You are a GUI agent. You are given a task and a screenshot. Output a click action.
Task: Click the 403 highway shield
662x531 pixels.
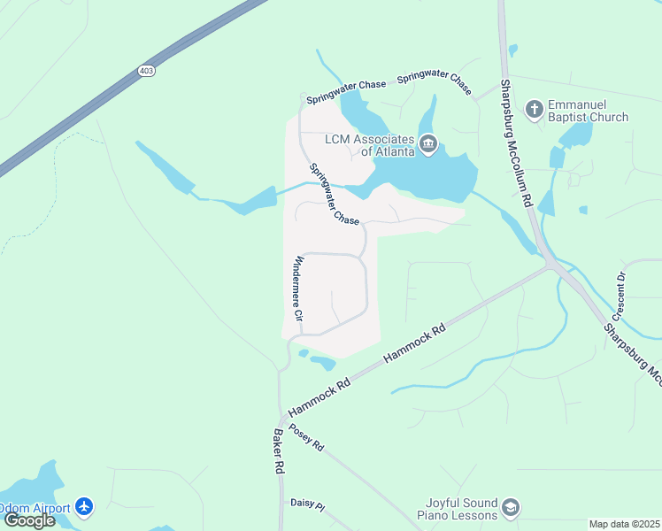click(147, 70)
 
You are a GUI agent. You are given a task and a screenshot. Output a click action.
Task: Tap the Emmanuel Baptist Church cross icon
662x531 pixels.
click(534, 109)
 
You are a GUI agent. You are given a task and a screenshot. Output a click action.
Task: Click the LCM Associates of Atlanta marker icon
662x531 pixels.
click(428, 144)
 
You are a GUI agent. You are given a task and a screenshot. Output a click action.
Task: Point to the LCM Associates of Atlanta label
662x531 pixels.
click(369, 145)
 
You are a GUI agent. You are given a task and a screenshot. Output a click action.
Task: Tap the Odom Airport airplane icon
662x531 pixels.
click(84, 506)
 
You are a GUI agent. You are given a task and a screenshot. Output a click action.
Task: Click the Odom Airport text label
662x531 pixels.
click(36, 506)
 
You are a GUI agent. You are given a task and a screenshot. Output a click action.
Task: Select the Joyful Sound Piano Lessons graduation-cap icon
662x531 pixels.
click(510, 507)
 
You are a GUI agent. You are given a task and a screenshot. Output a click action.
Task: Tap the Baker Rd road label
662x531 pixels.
click(278, 451)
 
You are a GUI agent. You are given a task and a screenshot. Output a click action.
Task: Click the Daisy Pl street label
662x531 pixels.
click(308, 503)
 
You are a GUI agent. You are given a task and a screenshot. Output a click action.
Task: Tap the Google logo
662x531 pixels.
click(29, 519)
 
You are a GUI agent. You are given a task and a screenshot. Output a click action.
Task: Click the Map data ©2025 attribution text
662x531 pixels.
click(624, 524)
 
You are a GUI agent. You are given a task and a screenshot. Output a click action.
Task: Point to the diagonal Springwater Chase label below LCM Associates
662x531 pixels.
click(334, 194)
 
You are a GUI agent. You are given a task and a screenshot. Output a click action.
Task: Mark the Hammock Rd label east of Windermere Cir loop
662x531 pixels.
click(414, 345)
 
